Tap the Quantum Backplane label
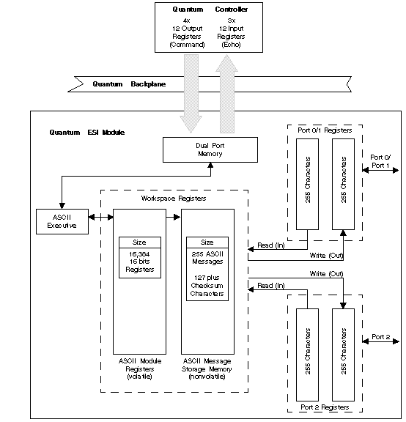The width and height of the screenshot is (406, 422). pos(129,84)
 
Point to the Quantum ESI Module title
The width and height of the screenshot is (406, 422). pos(87,133)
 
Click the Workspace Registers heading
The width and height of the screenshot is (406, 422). pos(174,199)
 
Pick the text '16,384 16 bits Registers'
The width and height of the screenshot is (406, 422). pos(140,262)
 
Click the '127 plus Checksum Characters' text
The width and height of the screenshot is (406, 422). pos(207,286)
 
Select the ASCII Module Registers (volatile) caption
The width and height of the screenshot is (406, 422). pos(140,369)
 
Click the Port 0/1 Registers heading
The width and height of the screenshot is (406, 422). pos(325,130)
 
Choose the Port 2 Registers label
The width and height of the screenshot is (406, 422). pos(325,407)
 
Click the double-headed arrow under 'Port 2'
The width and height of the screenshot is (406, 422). pos(380,341)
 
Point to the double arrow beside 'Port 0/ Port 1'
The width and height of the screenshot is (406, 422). pos(380,170)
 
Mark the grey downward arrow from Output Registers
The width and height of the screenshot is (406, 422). pos(191,93)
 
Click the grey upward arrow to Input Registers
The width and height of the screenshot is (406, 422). pos(227,93)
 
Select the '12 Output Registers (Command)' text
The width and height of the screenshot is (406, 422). pos(187,37)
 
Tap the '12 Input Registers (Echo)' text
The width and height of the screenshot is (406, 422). pos(232,37)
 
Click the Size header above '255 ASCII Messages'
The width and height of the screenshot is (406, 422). pos(207,243)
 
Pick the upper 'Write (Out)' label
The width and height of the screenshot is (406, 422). pos(326,255)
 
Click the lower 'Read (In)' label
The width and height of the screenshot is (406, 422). pos(271,285)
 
